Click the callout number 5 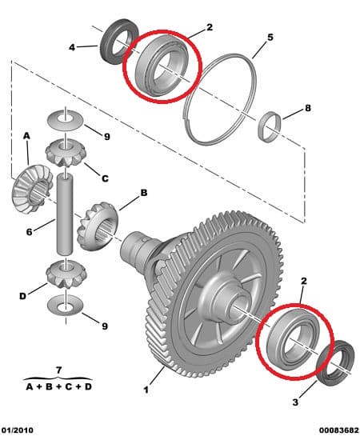pyautogui.click(x=270, y=38)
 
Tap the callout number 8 pyautogui.click(x=308, y=108)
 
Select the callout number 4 pyautogui.click(x=72, y=47)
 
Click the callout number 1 pyautogui.click(x=146, y=390)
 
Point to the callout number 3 pyautogui.click(x=295, y=402)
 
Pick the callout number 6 pyautogui.click(x=29, y=231)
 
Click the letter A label pyautogui.click(x=26, y=136)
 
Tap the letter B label pyautogui.click(x=144, y=193)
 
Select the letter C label pyautogui.click(x=105, y=178)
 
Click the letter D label pyautogui.click(x=22, y=296)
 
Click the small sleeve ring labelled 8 pyautogui.click(x=269, y=126)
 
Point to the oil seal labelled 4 pyautogui.click(x=119, y=41)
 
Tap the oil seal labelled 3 pyautogui.click(x=335, y=363)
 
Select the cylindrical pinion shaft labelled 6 pyautogui.click(x=65, y=214)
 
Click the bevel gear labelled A pyautogui.click(x=33, y=189)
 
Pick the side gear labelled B pyautogui.click(x=98, y=227)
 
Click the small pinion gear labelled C pyautogui.click(x=65, y=153)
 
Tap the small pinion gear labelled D pyautogui.click(x=65, y=275)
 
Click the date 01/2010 pyautogui.click(x=18, y=430)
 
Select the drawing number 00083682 pyautogui.click(x=339, y=430)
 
